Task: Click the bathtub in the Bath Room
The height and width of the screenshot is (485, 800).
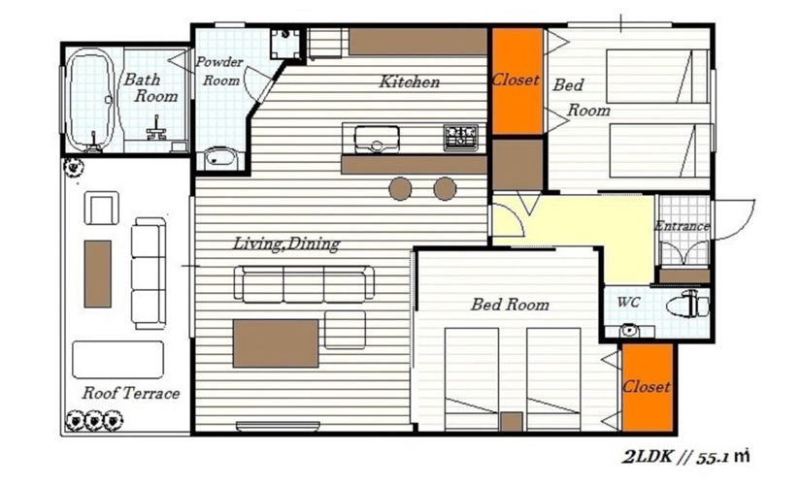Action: point(89,101)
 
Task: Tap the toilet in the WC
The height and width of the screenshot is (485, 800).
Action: point(688,305)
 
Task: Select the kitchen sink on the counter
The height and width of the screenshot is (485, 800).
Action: point(377,140)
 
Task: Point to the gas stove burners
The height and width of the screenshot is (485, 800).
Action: point(461,137)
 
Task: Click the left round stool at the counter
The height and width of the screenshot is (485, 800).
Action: point(400,189)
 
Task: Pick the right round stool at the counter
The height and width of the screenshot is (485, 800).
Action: point(445,189)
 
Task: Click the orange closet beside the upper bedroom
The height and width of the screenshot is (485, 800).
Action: point(517,81)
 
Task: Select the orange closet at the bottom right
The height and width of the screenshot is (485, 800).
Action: point(648,388)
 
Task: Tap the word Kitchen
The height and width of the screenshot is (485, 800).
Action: point(409,81)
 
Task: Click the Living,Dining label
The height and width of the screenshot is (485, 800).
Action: point(286,243)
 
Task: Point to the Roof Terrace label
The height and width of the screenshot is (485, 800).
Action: point(131,393)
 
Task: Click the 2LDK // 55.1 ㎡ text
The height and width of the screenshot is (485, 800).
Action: point(685,457)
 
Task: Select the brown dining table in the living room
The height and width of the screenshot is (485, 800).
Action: point(276,343)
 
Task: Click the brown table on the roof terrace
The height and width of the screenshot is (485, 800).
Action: point(97,274)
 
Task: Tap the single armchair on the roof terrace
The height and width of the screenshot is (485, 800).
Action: point(102,208)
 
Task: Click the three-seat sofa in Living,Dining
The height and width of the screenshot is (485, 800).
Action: point(304,283)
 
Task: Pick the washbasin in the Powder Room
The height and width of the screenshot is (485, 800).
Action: point(220,158)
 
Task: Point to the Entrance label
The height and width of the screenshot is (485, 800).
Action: point(683,225)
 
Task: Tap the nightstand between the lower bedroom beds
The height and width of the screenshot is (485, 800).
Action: point(512,421)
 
